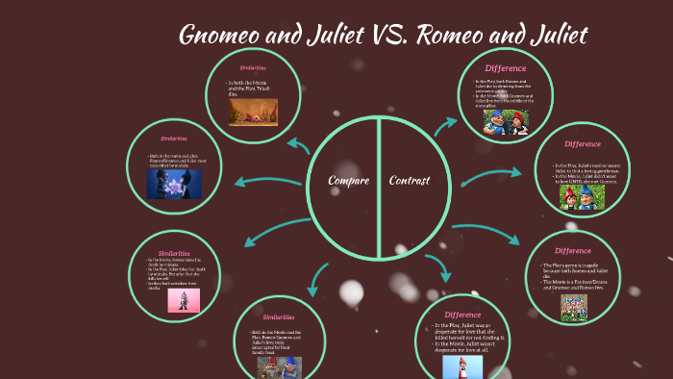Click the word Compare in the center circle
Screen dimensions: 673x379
(x=348, y=181)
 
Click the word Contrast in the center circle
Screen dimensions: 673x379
(x=409, y=181)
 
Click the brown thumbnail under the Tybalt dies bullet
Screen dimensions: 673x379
(x=253, y=113)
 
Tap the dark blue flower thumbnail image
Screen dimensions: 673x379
(x=174, y=184)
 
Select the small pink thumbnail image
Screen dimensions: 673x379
(x=178, y=301)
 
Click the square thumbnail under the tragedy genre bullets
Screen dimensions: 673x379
(x=575, y=307)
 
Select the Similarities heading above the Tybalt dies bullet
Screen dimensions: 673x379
(x=253, y=68)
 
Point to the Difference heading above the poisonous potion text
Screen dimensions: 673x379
(x=506, y=68)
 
